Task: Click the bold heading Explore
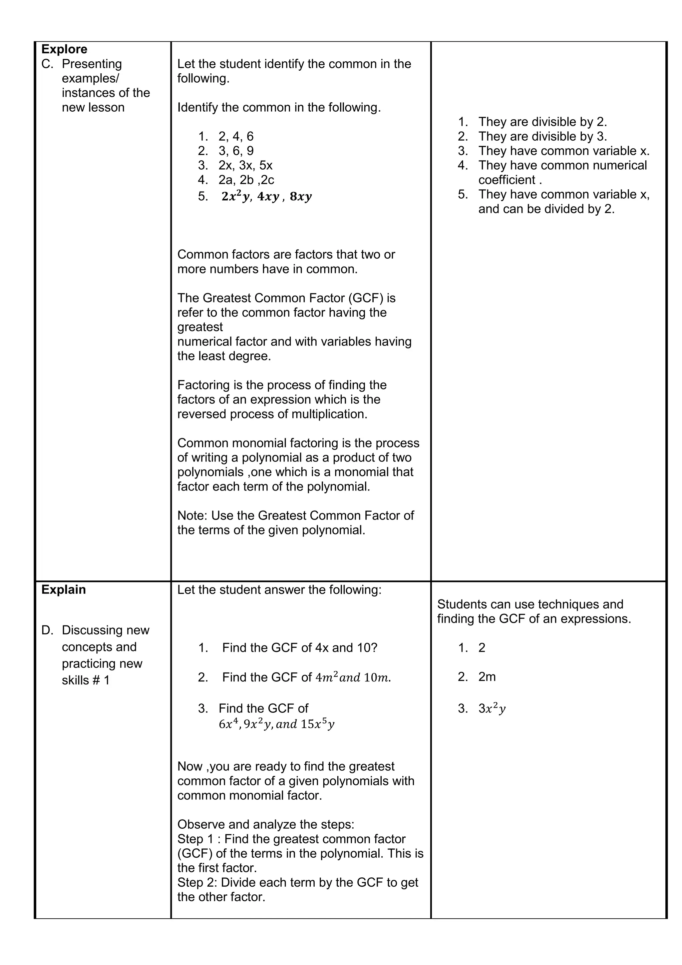click(x=64, y=49)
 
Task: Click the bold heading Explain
click(x=63, y=590)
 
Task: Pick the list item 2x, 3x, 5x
click(x=245, y=165)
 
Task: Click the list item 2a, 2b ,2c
click(x=246, y=180)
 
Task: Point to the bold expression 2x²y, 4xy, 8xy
click(x=266, y=196)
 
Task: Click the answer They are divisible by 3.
click(x=542, y=136)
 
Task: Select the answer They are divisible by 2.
click(x=542, y=122)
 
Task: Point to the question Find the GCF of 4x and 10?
click(x=299, y=648)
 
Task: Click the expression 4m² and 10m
click(x=353, y=677)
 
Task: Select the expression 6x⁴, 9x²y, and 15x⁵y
click(x=276, y=724)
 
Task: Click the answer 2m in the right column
click(x=487, y=677)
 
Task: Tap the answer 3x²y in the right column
click(x=492, y=709)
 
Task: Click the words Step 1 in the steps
click(x=196, y=839)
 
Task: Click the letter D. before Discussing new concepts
click(x=48, y=630)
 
